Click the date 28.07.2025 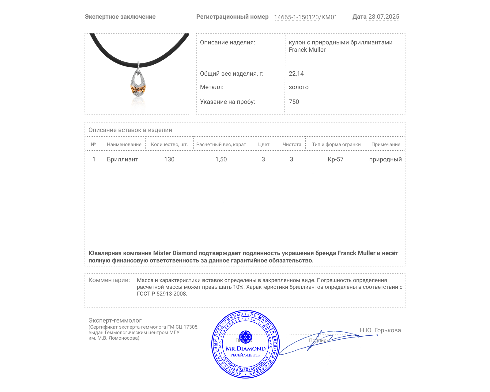click(383, 17)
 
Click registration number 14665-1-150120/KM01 click(305, 17)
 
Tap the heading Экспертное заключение click(120, 17)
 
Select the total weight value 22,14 click(296, 73)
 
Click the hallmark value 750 click(294, 102)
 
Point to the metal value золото click(299, 87)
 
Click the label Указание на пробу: click(227, 102)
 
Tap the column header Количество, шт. click(169, 145)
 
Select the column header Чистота click(292, 145)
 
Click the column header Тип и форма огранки click(336, 145)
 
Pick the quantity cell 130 click(169, 159)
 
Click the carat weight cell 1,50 click(221, 159)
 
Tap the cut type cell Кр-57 click(336, 159)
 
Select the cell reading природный click(385, 159)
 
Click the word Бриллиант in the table click(123, 159)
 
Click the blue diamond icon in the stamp click(245, 337)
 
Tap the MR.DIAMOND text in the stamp click(246, 349)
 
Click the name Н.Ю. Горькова click(380, 330)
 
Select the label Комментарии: click(109, 280)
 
